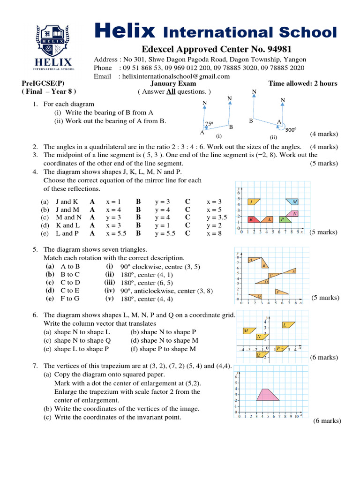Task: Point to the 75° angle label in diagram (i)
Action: pos(209,124)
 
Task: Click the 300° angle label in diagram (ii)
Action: pos(291,130)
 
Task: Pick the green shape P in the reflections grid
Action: pos(284,219)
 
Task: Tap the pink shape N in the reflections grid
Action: pos(294,213)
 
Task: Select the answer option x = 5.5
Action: pos(116,233)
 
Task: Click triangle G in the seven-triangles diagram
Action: pos(257,296)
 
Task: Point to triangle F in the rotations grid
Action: pos(281,292)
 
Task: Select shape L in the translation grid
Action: pos(287,324)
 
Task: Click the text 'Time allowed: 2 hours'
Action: pos(302,83)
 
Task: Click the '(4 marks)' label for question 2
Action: pos(323,147)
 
